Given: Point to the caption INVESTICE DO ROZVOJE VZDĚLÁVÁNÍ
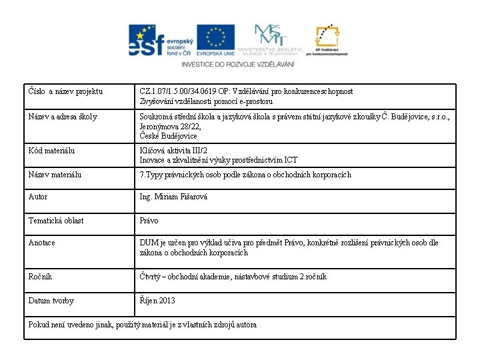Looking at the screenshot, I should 237,64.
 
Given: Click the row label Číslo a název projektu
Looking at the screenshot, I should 67,91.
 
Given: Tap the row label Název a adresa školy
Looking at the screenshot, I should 63,117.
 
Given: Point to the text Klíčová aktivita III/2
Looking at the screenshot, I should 174,151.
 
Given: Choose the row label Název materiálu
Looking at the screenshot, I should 55,175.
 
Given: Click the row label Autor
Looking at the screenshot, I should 38,197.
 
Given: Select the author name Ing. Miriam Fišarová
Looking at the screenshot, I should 173,197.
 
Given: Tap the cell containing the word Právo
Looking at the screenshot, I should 149,221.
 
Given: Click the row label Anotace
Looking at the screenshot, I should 42,243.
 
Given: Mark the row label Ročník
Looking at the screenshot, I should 40,277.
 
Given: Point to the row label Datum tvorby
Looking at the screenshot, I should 51,301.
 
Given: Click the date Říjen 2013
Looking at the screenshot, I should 157,301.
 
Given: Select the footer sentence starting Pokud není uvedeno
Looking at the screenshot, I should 143,325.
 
